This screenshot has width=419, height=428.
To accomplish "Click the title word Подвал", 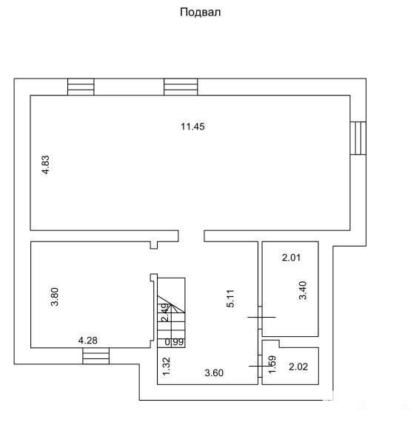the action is (x=200, y=13).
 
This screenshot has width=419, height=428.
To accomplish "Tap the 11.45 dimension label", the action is (x=192, y=127).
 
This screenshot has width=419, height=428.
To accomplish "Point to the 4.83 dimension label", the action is (x=46, y=164).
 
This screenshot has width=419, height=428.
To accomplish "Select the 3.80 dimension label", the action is (x=55, y=297).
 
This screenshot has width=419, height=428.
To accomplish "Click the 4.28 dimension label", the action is (x=87, y=341).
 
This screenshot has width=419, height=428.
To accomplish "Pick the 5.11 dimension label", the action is (x=231, y=298).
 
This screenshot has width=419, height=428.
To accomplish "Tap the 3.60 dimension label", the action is (x=214, y=373).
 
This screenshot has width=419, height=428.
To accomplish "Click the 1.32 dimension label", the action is (x=167, y=367).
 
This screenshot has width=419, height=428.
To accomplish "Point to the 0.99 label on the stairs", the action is (x=175, y=342).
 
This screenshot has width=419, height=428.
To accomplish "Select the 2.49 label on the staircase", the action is (x=164, y=312).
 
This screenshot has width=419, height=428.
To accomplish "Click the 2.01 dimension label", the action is (x=291, y=258).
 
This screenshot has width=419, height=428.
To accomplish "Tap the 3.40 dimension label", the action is (x=303, y=290).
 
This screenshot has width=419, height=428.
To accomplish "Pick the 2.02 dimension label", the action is (x=298, y=367).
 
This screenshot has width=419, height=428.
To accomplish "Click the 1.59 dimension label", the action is (x=272, y=364).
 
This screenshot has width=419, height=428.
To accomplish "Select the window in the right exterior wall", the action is (x=358, y=138).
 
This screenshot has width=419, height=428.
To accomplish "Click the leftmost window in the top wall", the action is (x=81, y=87).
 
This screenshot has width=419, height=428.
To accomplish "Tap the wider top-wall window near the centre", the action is (x=181, y=87).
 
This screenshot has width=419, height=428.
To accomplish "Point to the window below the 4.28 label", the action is (x=95, y=356).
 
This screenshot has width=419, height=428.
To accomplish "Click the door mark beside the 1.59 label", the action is (x=260, y=366).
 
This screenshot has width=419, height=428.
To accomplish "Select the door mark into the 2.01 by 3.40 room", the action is (x=260, y=317).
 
